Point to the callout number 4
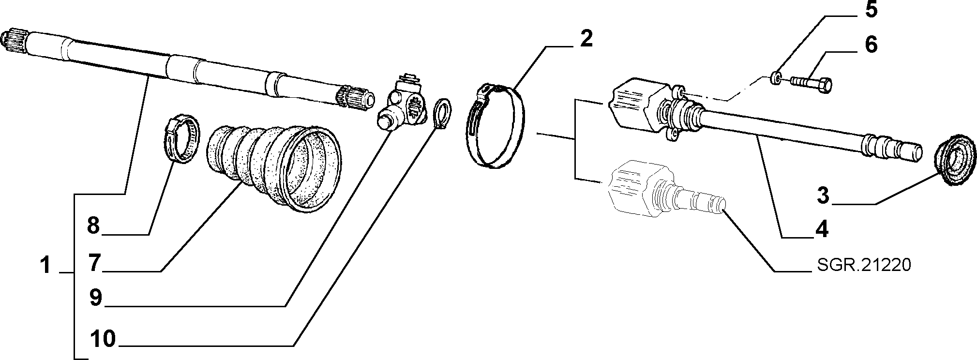click(x=822, y=228)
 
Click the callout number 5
click(x=871, y=10)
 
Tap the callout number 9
click(x=95, y=298)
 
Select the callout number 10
click(x=104, y=339)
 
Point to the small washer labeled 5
click(x=775, y=77)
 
